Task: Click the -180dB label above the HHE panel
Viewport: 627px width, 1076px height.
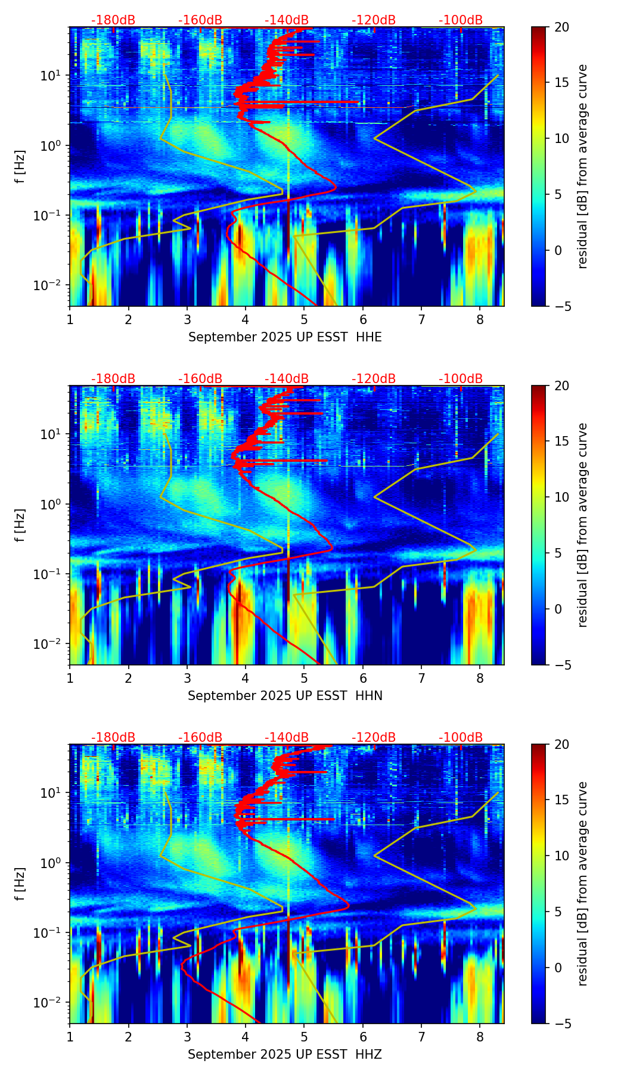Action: click(113, 20)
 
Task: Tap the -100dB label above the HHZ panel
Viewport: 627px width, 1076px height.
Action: click(461, 738)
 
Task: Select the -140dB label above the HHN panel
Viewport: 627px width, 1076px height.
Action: click(287, 379)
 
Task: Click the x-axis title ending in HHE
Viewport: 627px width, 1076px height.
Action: click(285, 337)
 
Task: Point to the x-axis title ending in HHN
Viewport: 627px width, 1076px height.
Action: click(285, 696)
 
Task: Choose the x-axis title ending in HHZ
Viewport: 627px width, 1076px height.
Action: click(285, 1055)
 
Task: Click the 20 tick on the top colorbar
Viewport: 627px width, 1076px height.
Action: click(561, 27)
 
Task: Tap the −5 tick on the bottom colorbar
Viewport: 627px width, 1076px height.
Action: click(561, 1024)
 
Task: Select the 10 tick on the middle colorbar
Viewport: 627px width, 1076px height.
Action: click(561, 497)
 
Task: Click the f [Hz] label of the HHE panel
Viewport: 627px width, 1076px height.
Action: click(20, 167)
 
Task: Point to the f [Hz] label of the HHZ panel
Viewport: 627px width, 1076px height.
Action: click(20, 884)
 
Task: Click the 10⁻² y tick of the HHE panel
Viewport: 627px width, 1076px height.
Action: click(50, 286)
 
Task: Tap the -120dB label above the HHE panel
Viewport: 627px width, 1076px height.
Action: click(374, 20)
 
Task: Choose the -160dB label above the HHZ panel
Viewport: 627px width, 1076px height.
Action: click(200, 738)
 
